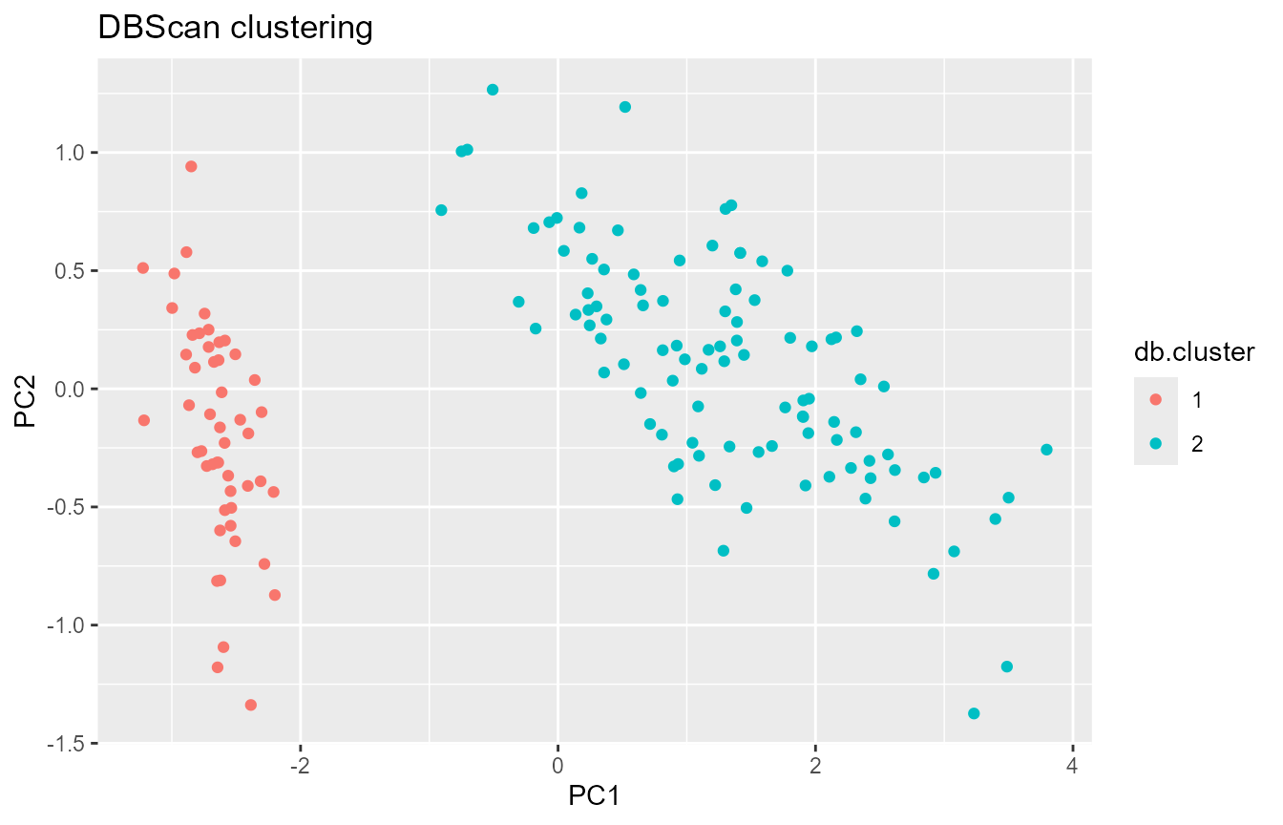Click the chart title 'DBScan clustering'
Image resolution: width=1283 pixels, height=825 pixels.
coord(235,29)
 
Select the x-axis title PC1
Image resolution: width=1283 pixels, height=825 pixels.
coord(595,794)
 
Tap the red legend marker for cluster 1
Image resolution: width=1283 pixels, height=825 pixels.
coord(1155,400)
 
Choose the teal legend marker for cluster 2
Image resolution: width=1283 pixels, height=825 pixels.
coord(1155,443)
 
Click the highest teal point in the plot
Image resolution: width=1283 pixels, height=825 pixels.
coord(493,90)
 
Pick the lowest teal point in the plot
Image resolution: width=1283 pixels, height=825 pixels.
coord(974,713)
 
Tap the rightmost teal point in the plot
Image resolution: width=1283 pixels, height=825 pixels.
coord(1046,450)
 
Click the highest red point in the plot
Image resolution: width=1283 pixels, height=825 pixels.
coord(191,166)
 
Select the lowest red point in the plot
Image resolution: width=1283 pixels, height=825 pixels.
coord(250,705)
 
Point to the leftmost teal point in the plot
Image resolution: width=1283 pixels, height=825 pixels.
coord(441,210)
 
